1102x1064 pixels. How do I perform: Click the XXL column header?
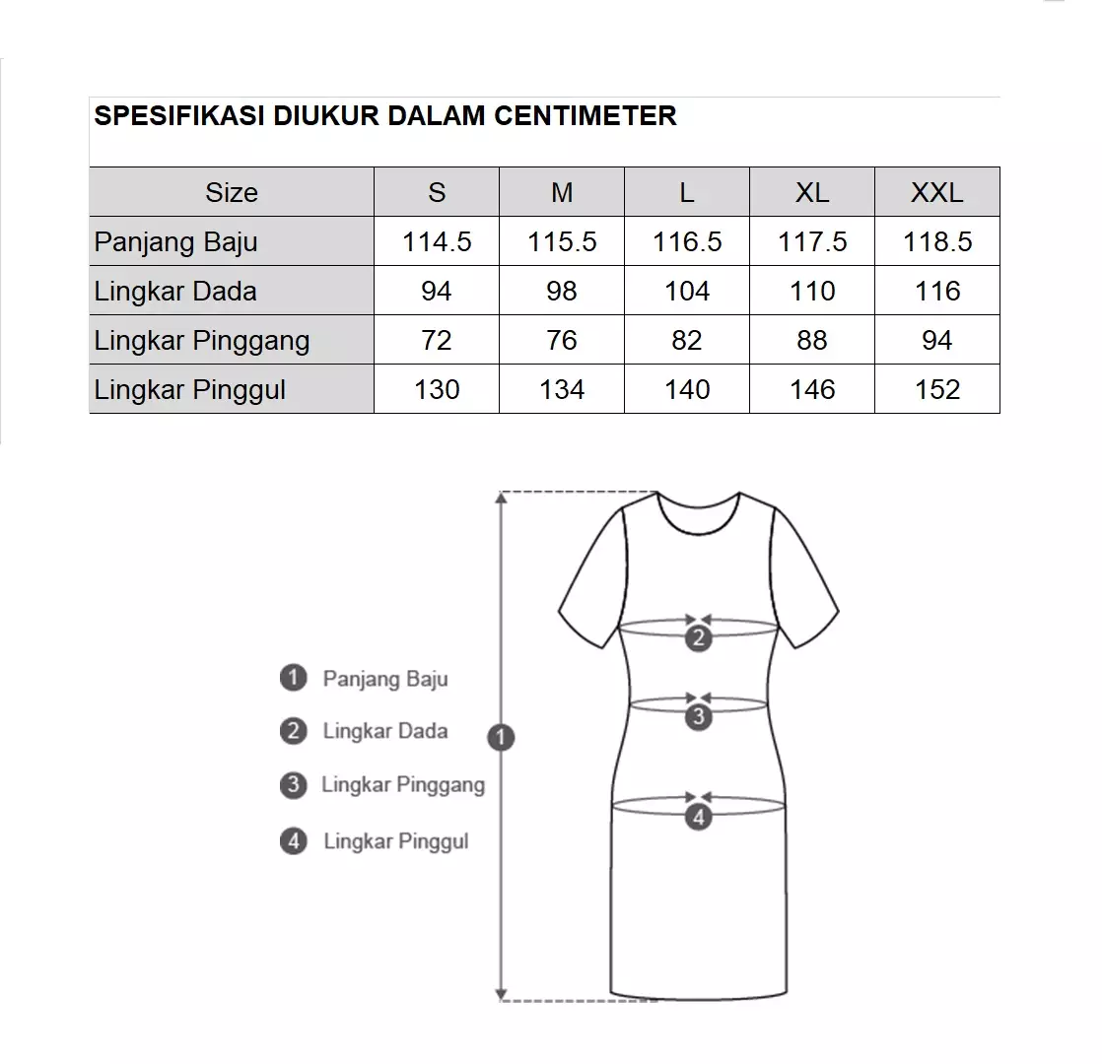pos(936,192)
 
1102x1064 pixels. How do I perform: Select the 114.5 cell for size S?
pos(437,241)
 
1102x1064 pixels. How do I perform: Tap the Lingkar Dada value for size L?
pos(687,291)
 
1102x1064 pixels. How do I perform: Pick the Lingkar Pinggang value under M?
pos(562,340)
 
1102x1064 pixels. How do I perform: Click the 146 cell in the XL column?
pos(812,389)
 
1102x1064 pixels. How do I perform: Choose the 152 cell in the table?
pos(936,389)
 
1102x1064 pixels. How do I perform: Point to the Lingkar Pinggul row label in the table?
pos(190,389)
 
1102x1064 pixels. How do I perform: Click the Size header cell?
pos(232,192)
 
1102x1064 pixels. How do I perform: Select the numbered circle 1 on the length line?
pos(502,737)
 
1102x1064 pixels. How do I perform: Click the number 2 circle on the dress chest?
pos(698,638)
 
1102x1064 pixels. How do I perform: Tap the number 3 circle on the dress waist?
pos(698,717)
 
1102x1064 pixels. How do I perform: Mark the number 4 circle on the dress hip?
pos(698,817)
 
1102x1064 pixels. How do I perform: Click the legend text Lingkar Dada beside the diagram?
pos(385,731)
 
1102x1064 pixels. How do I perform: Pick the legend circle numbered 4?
pos(293,841)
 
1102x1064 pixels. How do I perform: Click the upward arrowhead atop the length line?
pos(503,499)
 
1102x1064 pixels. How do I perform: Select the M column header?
pos(562,192)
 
